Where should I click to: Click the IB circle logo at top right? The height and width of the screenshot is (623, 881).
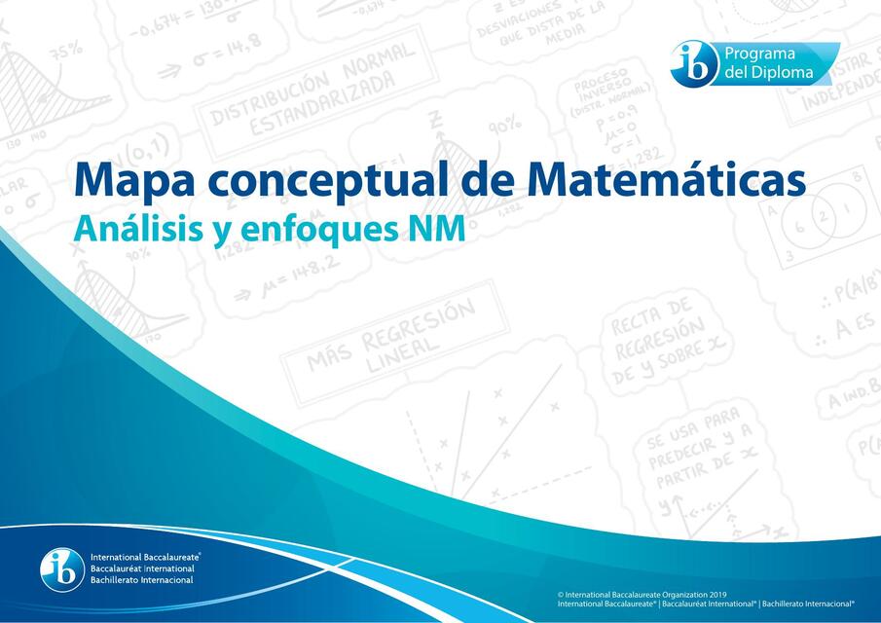[x=694, y=62]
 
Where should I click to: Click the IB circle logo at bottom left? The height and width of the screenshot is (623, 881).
[x=62, y=569]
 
